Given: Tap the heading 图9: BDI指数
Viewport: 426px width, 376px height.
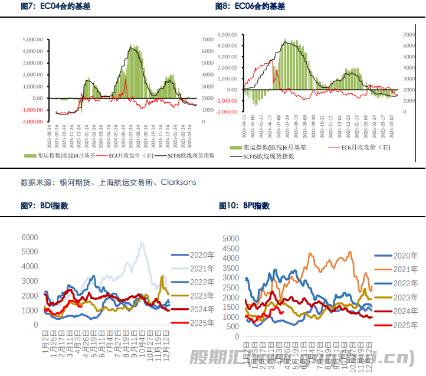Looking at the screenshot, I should [x=44, y=206].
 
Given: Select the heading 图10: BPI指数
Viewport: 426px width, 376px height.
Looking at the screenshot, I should [x=244, y=206].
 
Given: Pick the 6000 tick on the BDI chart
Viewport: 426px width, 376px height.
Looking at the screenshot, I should [x=30, y=237].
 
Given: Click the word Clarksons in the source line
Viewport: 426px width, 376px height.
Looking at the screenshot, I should [x=178, y=182].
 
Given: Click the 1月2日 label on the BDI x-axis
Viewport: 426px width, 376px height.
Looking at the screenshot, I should [x=45, y=340].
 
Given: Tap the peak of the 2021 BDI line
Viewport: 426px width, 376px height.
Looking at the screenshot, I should [x=142, y=243].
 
